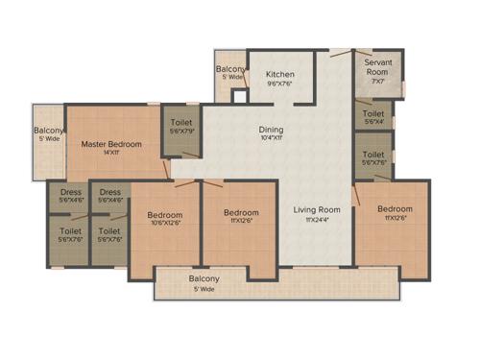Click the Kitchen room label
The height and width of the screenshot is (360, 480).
[280, 74]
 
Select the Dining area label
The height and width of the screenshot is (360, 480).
[271, 130]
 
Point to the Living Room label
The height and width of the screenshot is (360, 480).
[317, 209]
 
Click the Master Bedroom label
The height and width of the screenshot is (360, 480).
[111, 144]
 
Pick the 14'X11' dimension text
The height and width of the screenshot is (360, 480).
[111, 154]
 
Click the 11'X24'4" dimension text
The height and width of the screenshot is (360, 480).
[317, 220]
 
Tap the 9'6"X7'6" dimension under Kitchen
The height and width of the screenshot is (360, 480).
[280, 84]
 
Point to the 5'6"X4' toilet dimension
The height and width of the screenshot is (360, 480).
[373, 121]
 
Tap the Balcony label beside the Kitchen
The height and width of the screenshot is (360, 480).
[229, 69]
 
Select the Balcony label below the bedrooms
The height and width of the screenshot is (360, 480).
[204, 278]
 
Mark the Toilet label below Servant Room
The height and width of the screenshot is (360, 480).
[373, 112]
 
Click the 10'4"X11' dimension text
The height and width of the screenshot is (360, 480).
[271, 139]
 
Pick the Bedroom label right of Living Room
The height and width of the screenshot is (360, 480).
[394, 209]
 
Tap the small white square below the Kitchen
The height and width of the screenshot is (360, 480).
[240, 96]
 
